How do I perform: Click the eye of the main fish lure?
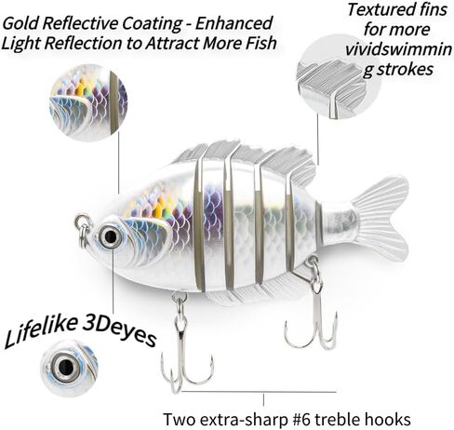point(111,236)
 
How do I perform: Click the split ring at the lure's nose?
point(83,230)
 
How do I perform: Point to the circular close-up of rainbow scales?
point(88,102)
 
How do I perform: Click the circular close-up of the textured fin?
point(338,77)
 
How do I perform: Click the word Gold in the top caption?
point(21,23)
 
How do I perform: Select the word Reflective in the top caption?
point(81,23)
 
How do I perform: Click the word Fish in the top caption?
point(260,43)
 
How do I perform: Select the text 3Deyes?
point(120,331)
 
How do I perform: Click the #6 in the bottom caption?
point(301,420)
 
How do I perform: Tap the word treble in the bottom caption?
point(337,420)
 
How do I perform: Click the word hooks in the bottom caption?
point(388,420)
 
